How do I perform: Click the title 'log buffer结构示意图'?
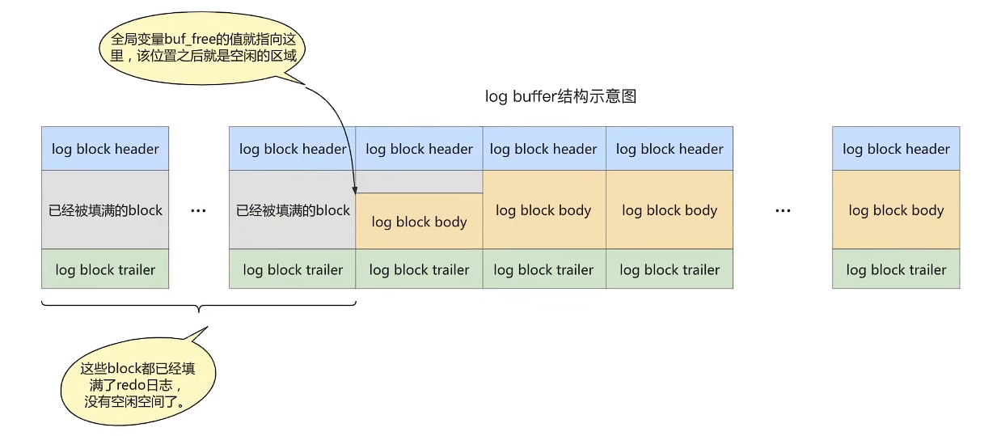(x=560, y=96)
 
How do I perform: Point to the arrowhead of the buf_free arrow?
(x=355, y=192)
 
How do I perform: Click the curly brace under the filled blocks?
(x=199, y=307)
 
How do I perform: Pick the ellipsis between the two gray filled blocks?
(x=198, y=210)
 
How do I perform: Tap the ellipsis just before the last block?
(x=783, y=210)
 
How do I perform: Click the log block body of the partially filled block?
(x=420, y=221)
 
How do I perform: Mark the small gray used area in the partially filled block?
(x=420, y=182)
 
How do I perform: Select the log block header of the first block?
(x=105, y=149)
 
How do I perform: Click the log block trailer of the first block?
(x=105, y=269)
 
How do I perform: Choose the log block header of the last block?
(x=896, y=149)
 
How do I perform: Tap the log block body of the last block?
(x=896, y=210)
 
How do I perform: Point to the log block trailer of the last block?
(x=896, y=269)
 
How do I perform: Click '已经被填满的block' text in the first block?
(x=105, y=210)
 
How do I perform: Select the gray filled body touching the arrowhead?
(x=293, y=210)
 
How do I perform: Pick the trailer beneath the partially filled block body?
(x=420, y=269)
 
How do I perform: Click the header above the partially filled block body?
(x=420, y=149)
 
